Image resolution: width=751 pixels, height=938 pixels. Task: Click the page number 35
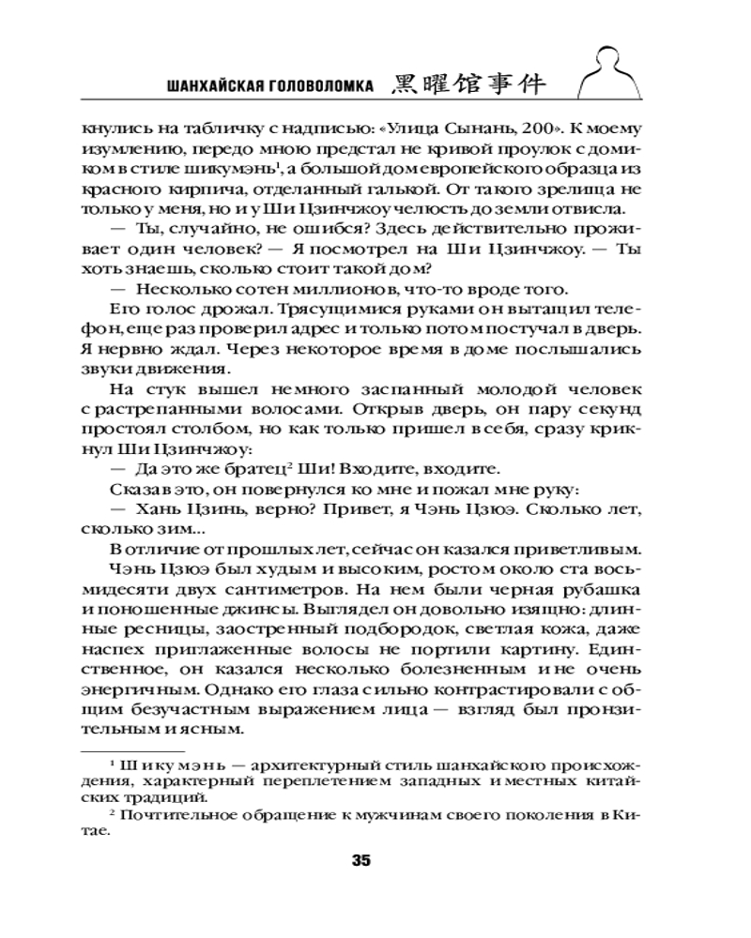[x=361, y=860]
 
